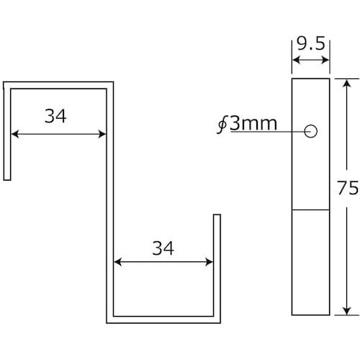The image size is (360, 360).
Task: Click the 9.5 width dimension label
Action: coord(310,45)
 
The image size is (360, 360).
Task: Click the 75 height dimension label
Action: coord(348,188)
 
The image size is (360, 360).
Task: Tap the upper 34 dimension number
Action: coord(55,116)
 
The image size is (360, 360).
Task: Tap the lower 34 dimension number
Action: coord(163,248)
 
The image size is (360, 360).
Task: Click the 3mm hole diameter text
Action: coord(253,124)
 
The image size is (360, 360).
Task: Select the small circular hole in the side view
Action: coord(311,131)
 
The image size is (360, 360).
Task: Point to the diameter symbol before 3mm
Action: coord(222,125)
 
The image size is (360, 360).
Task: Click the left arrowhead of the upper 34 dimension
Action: coord(13,133)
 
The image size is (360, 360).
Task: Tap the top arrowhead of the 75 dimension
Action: coord(346,82)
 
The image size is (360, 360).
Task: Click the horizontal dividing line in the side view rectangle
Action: coord(310,210)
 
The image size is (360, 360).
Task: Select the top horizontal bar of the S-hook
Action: coord(58,84)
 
